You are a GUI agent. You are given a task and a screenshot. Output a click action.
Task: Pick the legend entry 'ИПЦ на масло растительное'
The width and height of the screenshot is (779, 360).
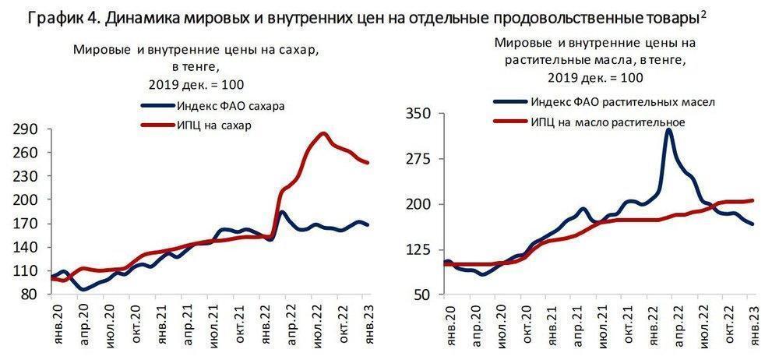[608, 122]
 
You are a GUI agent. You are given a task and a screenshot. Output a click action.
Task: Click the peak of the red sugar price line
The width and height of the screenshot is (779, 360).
[322, 133]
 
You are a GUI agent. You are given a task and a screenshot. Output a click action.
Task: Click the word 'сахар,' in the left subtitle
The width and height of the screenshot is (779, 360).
[300, 51]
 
